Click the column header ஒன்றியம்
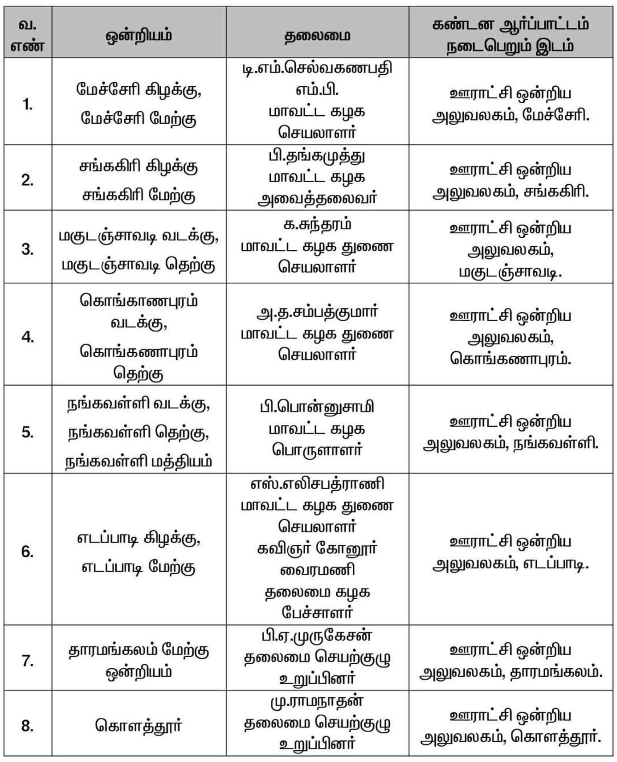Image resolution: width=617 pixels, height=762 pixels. click(x=139, y=36)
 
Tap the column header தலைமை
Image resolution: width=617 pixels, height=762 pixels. click(x=317, y=36)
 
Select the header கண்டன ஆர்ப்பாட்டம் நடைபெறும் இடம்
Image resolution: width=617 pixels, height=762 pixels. click(x=510, y=36)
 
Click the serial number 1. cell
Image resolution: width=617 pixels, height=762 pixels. click(x=28, y=105)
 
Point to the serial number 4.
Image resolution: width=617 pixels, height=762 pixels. click(x=28, y=336)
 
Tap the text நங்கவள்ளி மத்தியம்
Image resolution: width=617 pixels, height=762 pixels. click(x=139, y=462)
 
